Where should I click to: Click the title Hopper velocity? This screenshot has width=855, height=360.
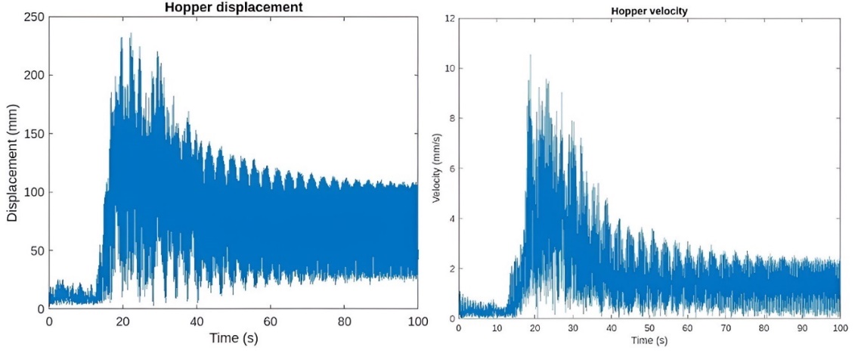pos(649,13)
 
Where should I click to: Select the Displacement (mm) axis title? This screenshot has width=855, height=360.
pos(13,163)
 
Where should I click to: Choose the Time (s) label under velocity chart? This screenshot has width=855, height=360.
pos(649,342)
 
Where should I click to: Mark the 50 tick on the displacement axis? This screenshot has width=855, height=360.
pos(33,250)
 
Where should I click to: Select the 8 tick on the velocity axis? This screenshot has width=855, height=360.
pos(451,118)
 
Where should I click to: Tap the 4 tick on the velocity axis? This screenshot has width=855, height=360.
pos(451,219)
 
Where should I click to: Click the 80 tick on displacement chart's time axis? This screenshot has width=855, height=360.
pos(344,321)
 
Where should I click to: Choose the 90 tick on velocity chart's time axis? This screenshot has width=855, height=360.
pos(802,329)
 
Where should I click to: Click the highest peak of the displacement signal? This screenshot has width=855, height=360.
pos(131,33)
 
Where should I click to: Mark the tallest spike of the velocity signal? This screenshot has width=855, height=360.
pos(530,55)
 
